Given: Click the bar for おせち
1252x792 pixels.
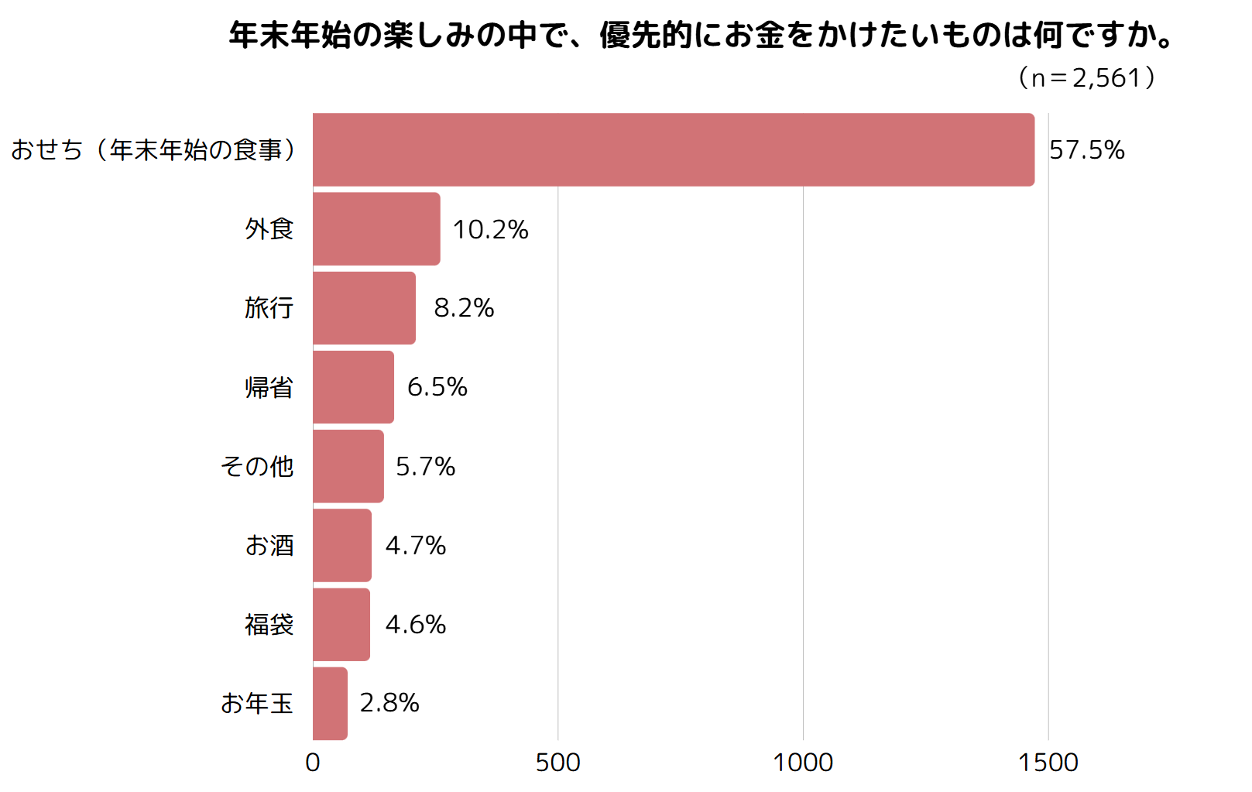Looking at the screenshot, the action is pyautogui.click(x=674, y=149).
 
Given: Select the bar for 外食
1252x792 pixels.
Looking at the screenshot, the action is pyautogui.click(x=377, y=228).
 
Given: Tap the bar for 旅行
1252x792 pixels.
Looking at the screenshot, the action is pyautogui.click(x=365, y=308).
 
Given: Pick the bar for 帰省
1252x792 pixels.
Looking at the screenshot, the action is pyautogui.click(x=353, y=387).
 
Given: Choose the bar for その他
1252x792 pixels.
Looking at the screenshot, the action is pyautogui.click(x=348, y=466).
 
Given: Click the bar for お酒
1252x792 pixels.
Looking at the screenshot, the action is pyautogui.click(x=342, y=545).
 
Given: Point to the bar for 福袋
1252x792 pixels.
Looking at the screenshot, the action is pyautogui.click(x=341, y=624).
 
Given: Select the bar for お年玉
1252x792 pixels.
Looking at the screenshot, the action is pyautogui.click(x=331, y=703).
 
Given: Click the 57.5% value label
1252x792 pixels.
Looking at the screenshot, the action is pyautogui.click(x=1086, y=149).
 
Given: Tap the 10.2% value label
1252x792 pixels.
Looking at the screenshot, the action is pyautogui.click(x=490, y=229).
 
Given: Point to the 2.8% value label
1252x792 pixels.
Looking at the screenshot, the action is pyautogui.click(x=389, y=703).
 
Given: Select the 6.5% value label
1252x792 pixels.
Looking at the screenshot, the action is pyautogui.click(x=437, y=387).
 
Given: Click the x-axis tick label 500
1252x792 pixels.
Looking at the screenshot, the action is pyautogui.click(x=557, y=763).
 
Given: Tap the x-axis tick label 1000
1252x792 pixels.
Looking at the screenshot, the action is pyautogui.click(x=803, y=763).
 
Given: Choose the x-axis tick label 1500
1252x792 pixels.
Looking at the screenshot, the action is pyautogui.click(x=1048, y=763).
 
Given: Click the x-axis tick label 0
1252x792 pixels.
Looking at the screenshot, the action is pyautogui.click(x=313, y=763).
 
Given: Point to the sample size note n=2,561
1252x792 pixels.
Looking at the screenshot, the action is pyautogui.click(x=1086, y=77).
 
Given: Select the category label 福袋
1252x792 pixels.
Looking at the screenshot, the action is pyautogui.click(x=269, y=624).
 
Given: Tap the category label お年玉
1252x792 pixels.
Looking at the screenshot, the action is pyautogui.click(x=256, y=703).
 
